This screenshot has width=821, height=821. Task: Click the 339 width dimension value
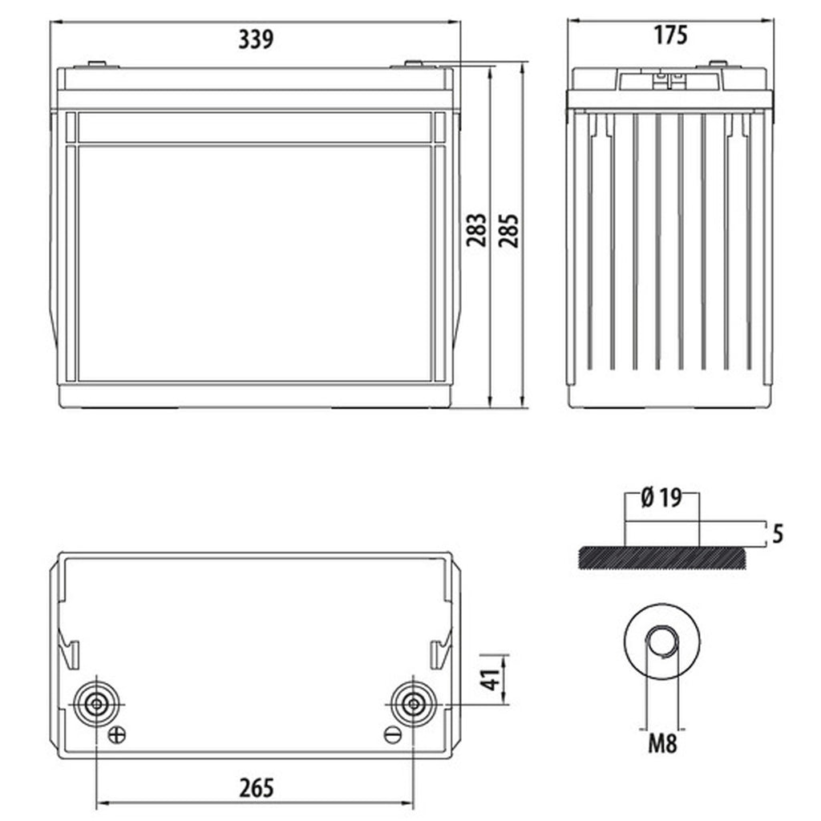256,39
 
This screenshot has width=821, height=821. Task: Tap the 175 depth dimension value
670,35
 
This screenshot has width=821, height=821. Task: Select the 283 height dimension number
476,230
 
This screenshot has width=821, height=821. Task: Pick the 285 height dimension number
508,230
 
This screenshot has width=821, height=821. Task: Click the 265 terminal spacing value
257,788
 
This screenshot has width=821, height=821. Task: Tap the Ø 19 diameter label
661,497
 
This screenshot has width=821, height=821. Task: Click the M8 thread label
662,743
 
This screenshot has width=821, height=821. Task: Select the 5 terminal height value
778,534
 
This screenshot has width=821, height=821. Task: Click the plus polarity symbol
117,734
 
